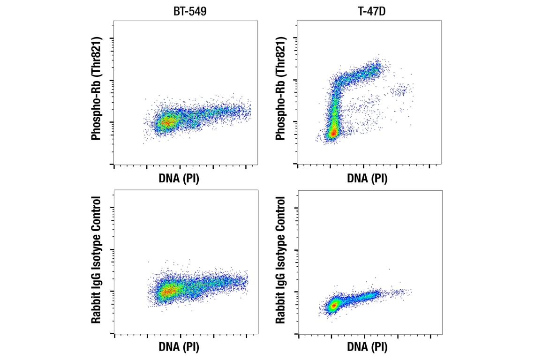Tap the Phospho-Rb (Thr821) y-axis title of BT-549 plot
click(97, 88)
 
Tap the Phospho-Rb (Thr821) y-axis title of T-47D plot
click(281, 88)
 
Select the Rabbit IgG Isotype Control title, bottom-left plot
click(97, 260)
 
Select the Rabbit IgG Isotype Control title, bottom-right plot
click(281, 260)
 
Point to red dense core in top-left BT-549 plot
click(166, 123)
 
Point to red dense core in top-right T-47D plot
click(333, 133)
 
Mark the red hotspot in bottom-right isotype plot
click(333, 306)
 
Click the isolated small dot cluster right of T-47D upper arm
click(401, 90)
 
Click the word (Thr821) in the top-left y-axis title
click(97, 56)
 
